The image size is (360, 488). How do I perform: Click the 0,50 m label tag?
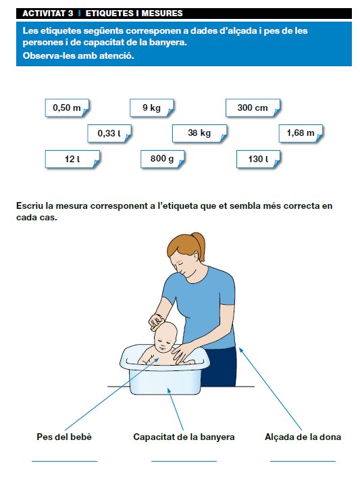click(x=67, y=108)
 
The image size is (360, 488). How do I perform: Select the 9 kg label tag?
click(x=152, y=108)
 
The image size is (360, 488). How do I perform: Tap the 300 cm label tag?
click(x=253, y=108)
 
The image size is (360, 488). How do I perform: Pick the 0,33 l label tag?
click(x=109, y=134)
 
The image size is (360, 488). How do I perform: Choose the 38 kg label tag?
click(x=199, y=134)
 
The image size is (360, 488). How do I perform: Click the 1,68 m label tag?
click(x=301, y=134)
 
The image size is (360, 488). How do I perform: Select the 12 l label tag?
click(x=72, y=160)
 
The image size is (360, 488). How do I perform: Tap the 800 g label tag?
click(x=163, y=160)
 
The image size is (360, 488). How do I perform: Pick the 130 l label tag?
click(x=258, y=160)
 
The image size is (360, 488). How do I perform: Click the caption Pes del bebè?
click(x=64, y=437)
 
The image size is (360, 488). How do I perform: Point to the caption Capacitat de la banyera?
click(x=184, y=437)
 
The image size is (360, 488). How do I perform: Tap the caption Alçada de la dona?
click(x=303, y=437)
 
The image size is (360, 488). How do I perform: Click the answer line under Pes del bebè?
click(x=64, y=461)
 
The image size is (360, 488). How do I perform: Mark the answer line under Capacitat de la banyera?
click(x=184, y=461)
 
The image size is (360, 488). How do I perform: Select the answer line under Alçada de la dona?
click(x=303, y=461)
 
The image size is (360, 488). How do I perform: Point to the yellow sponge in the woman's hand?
click(x=157, y=324)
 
